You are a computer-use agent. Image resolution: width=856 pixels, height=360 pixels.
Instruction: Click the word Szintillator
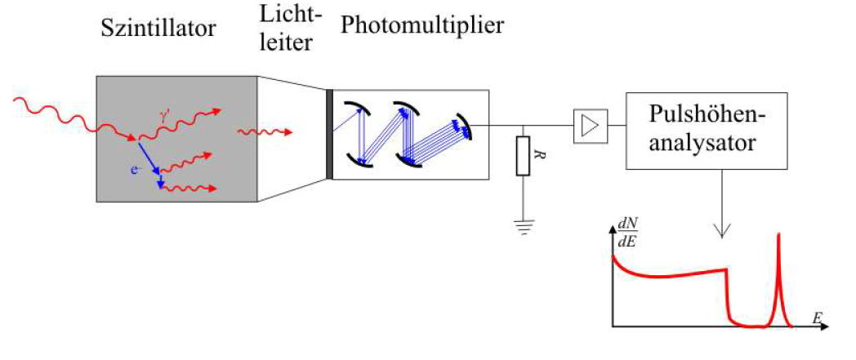158,29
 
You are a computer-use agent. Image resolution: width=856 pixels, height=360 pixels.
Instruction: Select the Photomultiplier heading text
422,25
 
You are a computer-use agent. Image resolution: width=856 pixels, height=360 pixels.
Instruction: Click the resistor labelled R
522,156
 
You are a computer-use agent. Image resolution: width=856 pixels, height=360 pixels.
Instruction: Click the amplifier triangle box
589,126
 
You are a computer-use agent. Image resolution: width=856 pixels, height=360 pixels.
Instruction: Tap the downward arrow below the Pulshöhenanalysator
720,220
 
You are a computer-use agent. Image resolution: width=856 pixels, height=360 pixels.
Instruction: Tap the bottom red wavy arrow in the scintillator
193,189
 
